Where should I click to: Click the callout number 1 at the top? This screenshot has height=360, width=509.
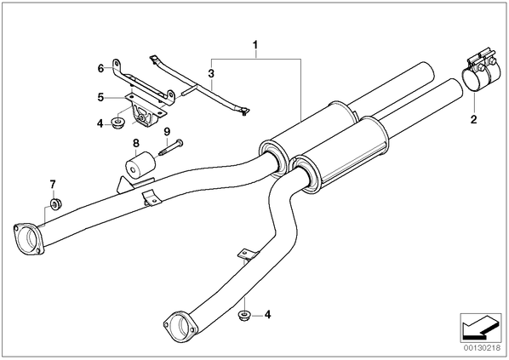(x=256, y=44)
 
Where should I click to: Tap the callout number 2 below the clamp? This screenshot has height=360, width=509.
(x=473, y=119)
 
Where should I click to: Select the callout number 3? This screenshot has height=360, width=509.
(x=211, y=73)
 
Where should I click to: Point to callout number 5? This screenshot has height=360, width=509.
(x=100, y=97)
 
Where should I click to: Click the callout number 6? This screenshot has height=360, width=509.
(x=100, y=68)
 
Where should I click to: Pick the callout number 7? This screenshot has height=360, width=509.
(x=53, y=185)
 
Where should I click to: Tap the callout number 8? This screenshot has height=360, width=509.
(x=135, y=143)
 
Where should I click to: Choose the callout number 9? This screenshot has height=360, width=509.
(x=167, y=131)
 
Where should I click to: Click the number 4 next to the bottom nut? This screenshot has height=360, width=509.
(x=267, y=314)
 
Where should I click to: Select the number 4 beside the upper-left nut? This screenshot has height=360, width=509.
(x=100, y=123)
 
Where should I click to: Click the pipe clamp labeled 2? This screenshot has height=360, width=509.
(x=479, y=71)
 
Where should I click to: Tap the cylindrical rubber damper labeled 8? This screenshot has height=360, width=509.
(x=140, y=165)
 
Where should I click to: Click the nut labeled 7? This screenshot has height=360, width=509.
(x=55, y=203)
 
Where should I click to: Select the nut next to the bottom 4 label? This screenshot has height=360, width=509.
(x=243, y=315)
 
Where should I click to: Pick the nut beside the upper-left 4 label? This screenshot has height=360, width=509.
(x=117, y=123)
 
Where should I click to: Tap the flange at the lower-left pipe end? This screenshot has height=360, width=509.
(x=27, y=239)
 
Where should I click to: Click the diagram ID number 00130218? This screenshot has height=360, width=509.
(x=483, y=348)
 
